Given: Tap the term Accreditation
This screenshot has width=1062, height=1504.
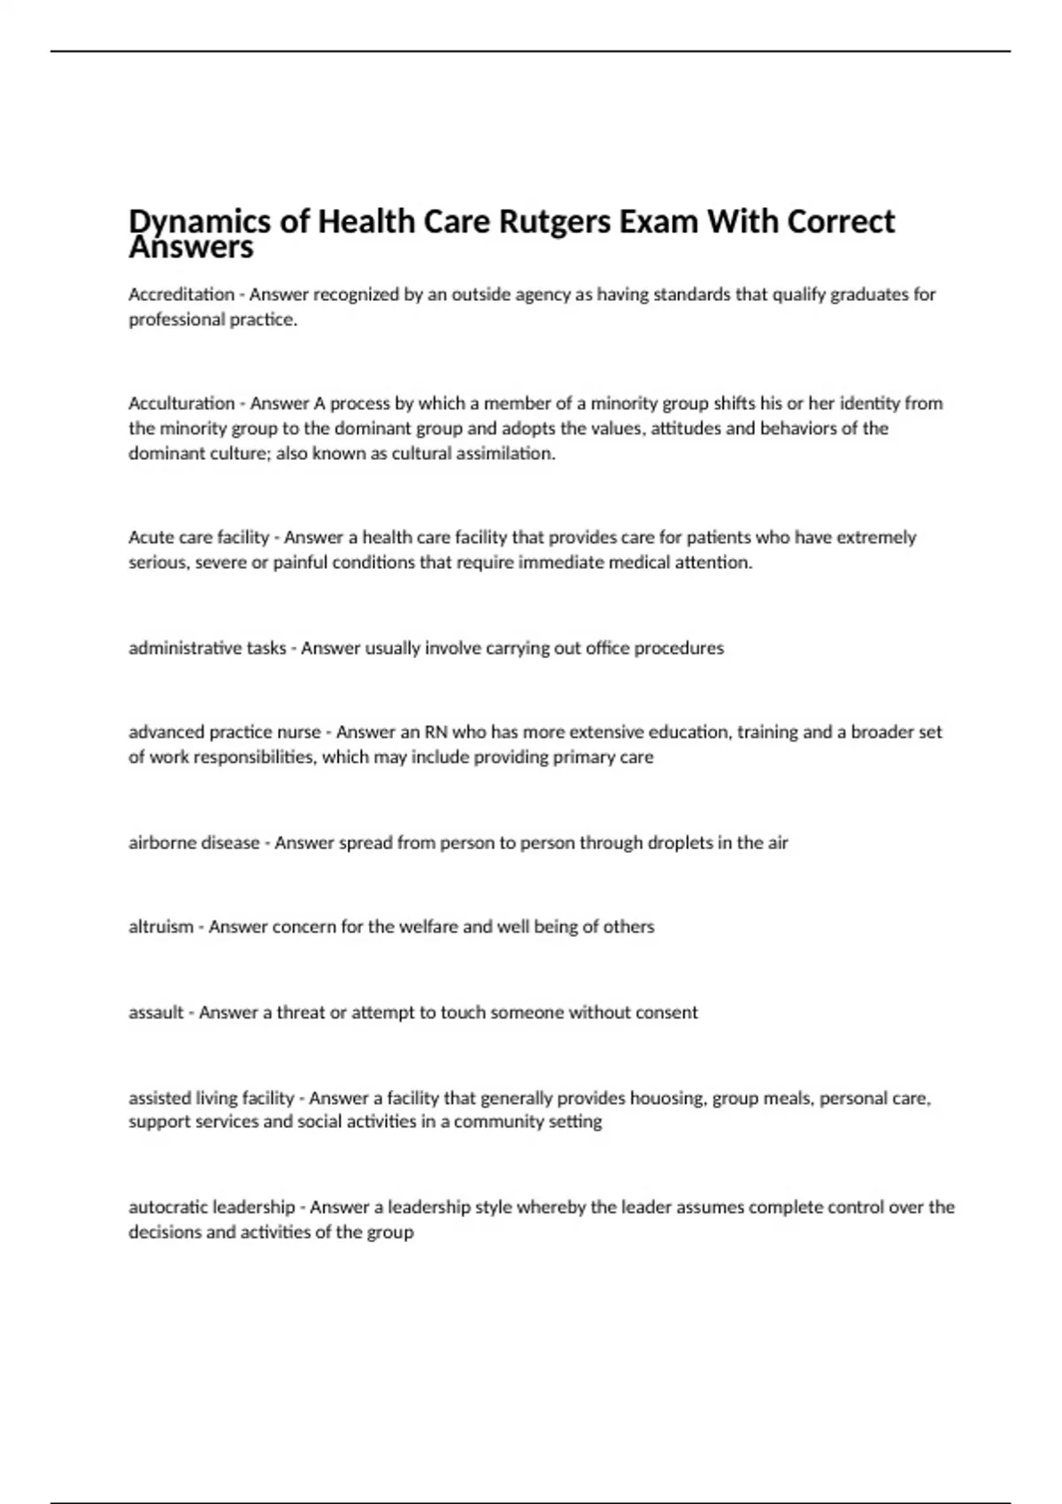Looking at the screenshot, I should coord(181,295).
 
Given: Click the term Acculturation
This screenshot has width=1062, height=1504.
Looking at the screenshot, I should coord(181,403).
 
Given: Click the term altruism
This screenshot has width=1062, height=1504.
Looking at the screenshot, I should coord(160,927).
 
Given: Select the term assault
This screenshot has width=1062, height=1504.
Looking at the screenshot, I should coord(156,1012).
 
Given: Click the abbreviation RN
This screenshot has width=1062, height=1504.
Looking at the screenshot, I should coord(435,733).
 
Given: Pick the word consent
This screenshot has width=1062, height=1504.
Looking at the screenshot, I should coord(668,1012).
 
